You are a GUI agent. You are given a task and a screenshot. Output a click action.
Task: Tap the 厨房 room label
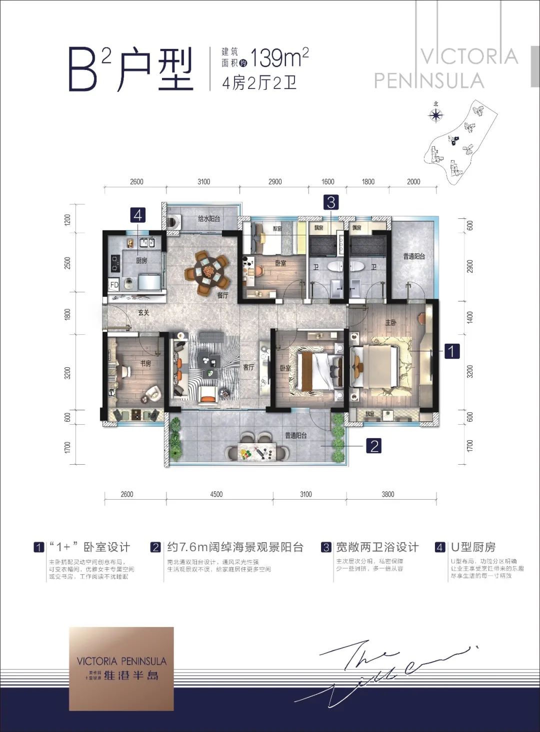141,261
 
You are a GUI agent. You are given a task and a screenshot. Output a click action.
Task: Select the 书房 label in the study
145,364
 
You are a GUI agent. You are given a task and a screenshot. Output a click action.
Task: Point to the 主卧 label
390,323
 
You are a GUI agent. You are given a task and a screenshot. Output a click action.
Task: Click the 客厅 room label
248,367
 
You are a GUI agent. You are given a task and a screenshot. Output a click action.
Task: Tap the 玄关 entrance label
143,313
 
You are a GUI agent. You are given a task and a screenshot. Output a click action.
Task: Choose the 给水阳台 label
208,219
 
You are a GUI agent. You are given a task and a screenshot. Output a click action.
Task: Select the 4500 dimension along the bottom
216,494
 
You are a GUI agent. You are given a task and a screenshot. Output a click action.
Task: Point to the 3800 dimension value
387,494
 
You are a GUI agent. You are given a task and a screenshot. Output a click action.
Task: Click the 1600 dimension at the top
327,182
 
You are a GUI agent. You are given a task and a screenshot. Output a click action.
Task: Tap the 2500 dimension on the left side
68,262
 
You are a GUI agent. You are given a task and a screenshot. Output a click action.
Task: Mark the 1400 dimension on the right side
469,317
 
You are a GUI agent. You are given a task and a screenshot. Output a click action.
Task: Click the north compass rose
436,115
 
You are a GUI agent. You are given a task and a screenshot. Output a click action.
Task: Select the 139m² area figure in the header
279,58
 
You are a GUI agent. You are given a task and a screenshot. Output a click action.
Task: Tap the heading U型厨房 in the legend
472,547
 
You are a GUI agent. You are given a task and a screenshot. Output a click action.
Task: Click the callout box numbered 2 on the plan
374,445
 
